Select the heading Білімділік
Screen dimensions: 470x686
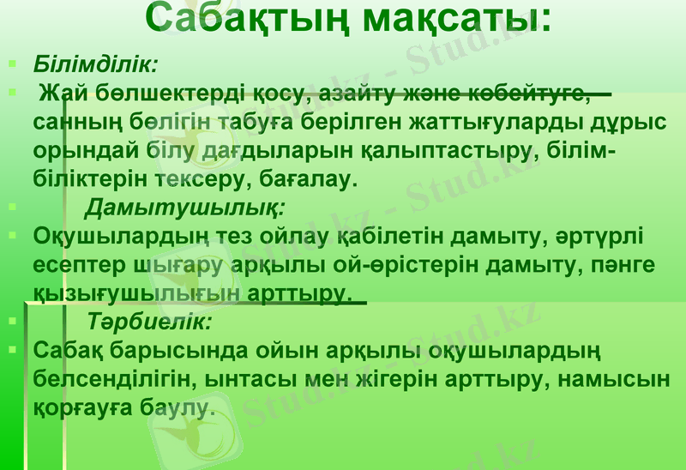(94, 64)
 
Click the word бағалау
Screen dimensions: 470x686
(300, 180)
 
